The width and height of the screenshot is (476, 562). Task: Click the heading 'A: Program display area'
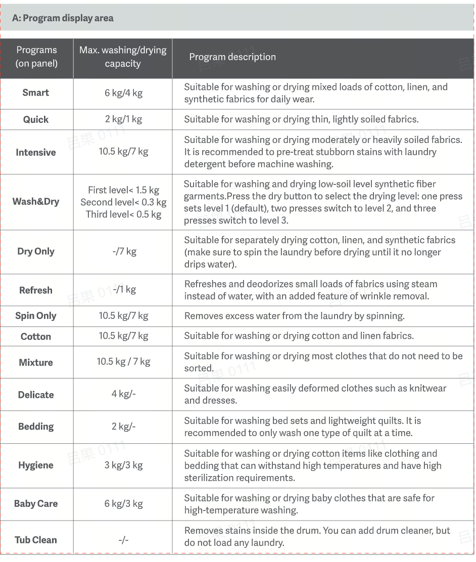coord(63,18)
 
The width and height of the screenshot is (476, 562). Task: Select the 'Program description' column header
coord(232,57)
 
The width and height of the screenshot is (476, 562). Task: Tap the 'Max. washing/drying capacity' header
coord(123,57)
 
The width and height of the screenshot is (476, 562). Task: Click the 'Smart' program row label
coord(36,92)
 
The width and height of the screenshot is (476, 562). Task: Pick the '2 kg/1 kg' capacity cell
coord(123,119)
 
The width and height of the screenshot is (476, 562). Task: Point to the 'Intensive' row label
coord(36,152)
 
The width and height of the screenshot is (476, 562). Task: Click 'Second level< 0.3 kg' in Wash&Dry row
coord(123,202)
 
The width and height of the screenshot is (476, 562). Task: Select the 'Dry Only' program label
coord(36,251)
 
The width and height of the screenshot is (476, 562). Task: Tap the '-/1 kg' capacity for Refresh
coord(124,290)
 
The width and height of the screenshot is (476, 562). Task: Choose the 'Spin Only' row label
coord(36,316)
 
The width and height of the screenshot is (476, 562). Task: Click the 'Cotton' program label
coord(36,337)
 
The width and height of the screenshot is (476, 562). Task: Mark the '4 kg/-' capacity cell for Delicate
coord(123,394)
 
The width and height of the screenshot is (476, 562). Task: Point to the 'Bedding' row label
coord(36,427)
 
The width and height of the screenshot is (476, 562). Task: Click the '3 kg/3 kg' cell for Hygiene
coord(123,465)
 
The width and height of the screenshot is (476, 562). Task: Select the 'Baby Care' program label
coord(36,503)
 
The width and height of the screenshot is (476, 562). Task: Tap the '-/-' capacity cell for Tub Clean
coord(123,540)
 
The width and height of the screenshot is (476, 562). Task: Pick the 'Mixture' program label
coord(36,362)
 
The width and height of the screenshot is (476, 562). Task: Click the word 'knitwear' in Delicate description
coord(429,388)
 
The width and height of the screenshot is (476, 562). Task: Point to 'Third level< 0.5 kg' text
coord(123,214)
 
